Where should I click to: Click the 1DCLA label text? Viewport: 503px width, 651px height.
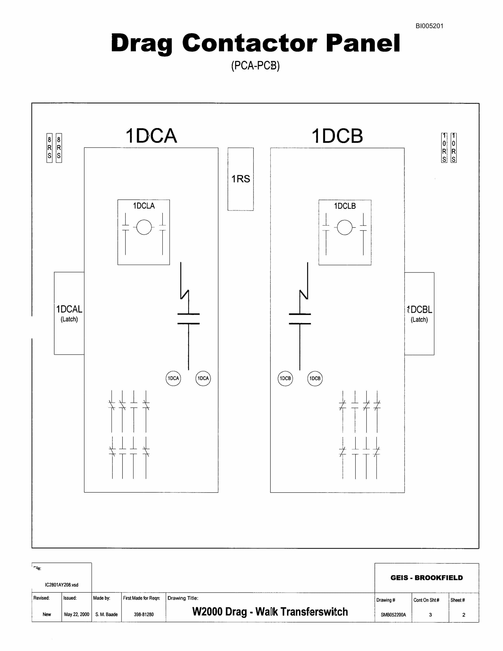tap(144, 206)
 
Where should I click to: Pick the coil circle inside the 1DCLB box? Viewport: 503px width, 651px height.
tap(345, 220)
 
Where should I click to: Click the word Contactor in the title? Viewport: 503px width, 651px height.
tap(250, 43)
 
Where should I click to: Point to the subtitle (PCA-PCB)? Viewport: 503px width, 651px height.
tap(255, 66)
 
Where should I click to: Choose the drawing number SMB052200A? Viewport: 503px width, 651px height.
tap(393, 615)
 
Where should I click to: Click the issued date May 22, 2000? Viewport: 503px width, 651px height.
tap(77, 614)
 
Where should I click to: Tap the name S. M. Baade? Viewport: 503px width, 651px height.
tap(106, 614)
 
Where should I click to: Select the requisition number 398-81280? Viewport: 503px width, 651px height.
tap(144, 614)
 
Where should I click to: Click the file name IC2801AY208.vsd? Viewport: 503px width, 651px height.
tap(62, 585)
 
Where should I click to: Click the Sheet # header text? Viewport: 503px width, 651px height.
tap(458, 600)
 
